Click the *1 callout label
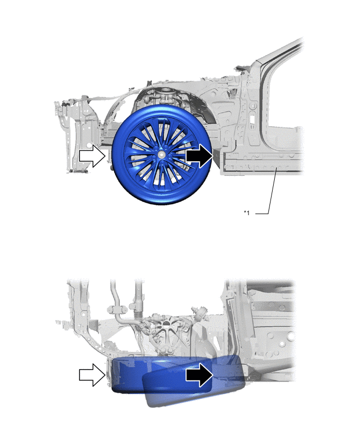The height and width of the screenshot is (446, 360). click(246, 213)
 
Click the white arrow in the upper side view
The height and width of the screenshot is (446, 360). click(92, 155)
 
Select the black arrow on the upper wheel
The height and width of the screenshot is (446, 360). click(199, 155)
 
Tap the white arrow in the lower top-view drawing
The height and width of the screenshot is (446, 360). click(92, 375)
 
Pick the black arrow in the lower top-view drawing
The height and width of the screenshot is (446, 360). click(199, 375)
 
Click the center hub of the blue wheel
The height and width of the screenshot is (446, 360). click(161, 154)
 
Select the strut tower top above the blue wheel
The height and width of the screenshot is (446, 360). click(165, 94)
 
